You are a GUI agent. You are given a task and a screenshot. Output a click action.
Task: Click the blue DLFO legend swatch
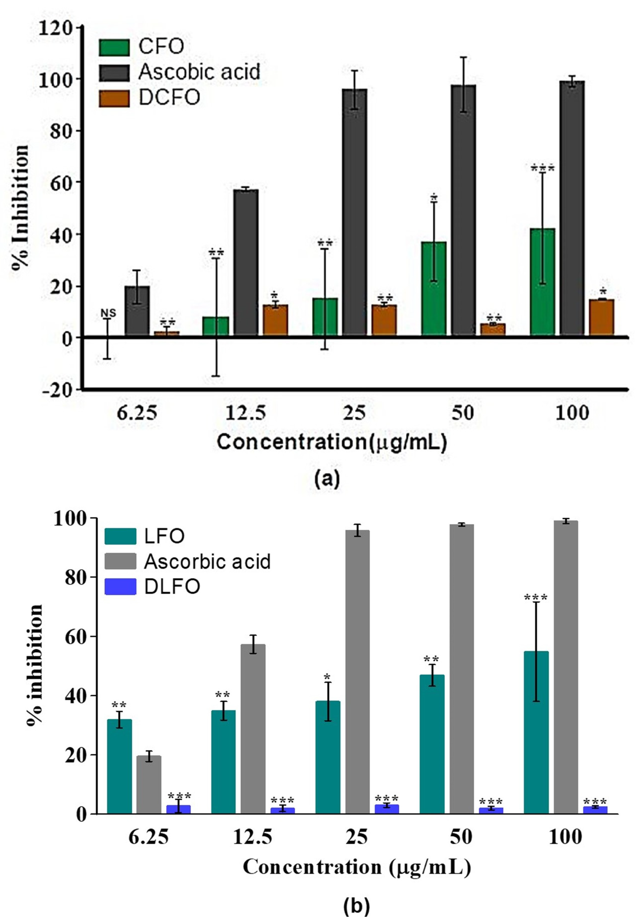pos(120,587)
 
